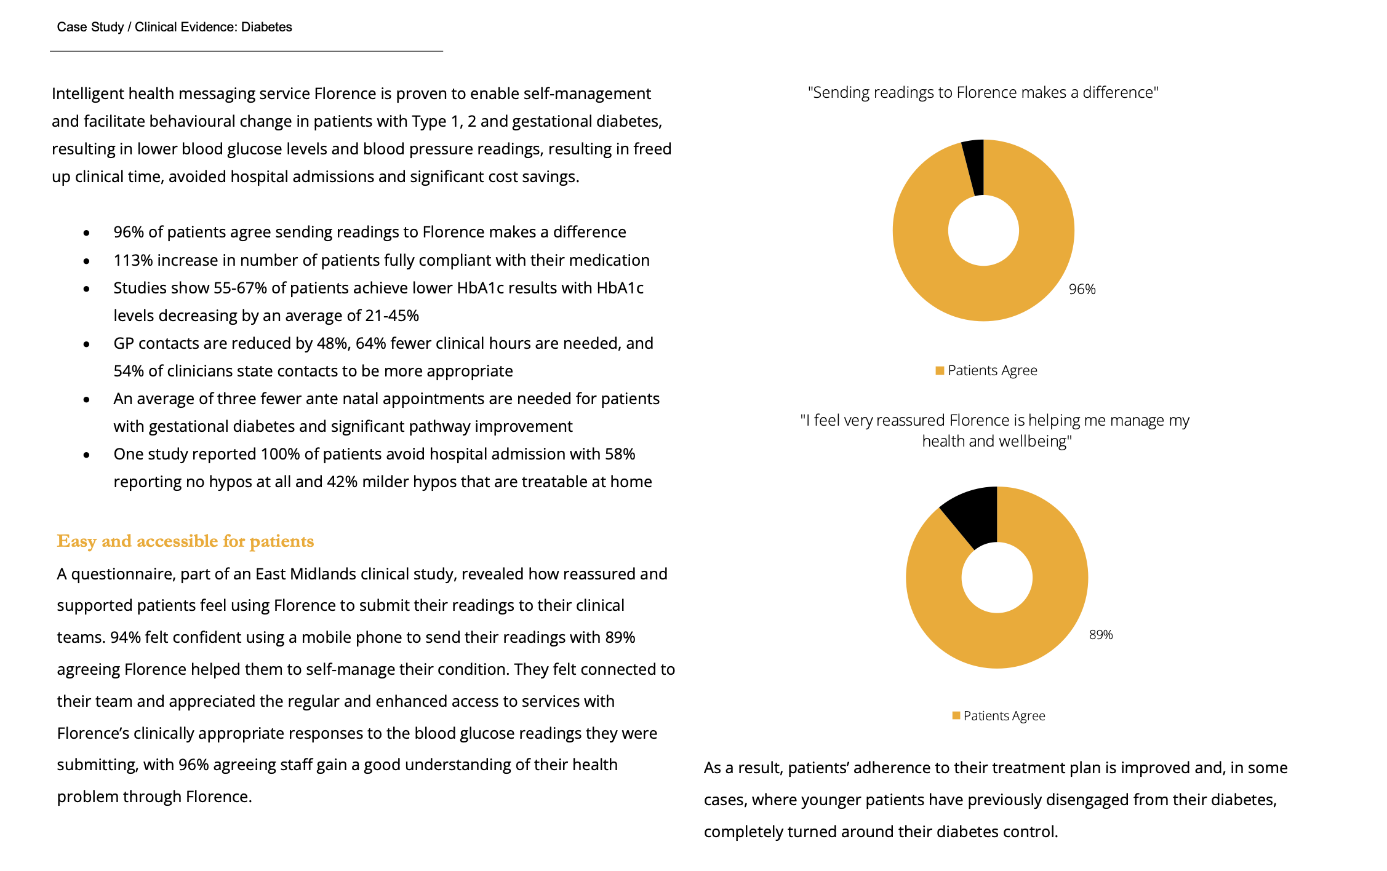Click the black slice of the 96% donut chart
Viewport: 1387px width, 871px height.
click(975, 166)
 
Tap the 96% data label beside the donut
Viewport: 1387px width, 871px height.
click(1082, 289)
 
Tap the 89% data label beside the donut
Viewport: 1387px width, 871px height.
click(1101, 635)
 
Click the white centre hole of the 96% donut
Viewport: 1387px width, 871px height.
click(983, 231)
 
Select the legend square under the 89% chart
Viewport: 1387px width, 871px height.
click(956, 715)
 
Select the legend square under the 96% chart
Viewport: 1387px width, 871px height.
click(940, 370)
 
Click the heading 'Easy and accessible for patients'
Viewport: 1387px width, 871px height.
click(185, 541)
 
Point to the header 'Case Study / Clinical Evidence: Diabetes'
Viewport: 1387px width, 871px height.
click(174, 27)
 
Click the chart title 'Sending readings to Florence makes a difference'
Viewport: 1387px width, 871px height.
click(983, 92)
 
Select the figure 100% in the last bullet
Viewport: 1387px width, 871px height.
click(280, 454)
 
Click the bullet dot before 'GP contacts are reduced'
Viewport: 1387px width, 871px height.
click(87, 344)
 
